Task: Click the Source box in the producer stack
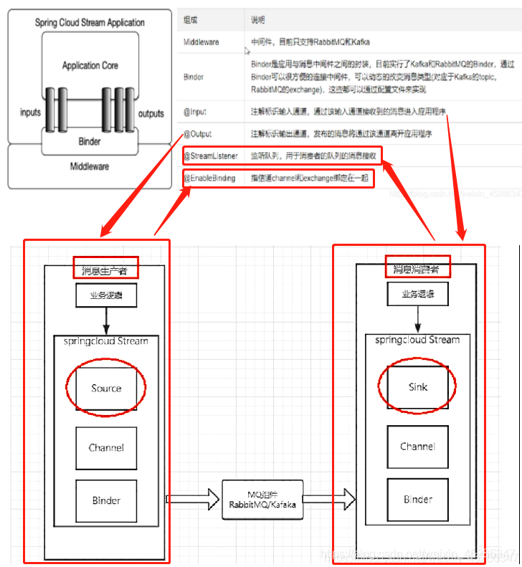point(106,389)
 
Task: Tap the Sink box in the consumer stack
point(418,387)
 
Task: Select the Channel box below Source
point(106,448)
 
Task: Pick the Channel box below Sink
point(418,447)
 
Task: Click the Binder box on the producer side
point(106,500)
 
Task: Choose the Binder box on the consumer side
point(418,499)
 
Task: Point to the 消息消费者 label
point(417,270)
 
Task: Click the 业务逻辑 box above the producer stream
point(105,295)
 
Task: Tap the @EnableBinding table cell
point(209,178)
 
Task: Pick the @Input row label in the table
point(195,113)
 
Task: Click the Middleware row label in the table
point(201,42)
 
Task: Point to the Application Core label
point(90,65)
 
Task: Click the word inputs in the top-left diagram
point(31,113)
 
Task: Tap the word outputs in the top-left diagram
point(151,113)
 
